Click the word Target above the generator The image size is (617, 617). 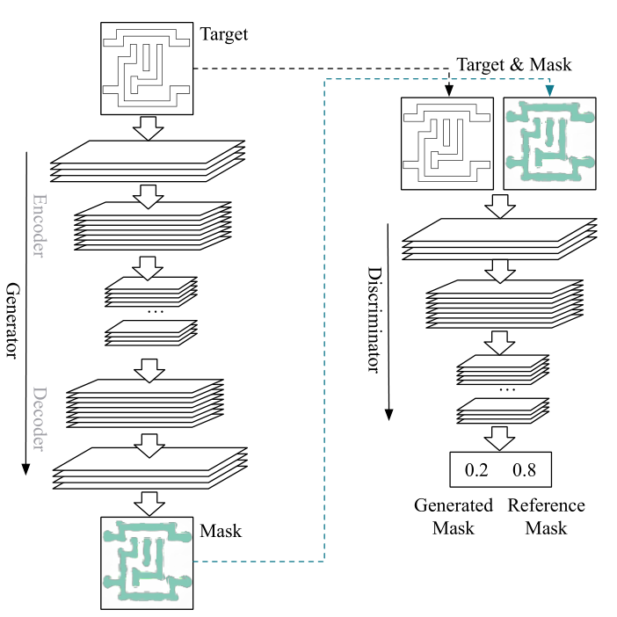click(x=224, y=34)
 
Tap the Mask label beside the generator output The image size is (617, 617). click(x=221, y=531)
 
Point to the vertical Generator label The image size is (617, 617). click(x=13, y=320)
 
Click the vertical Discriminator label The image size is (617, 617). click(x=374, y=320)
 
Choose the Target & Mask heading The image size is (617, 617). click(x=514, y=64)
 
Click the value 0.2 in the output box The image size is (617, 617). click(x=476, y=470)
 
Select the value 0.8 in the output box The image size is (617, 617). click(x=524, y=470)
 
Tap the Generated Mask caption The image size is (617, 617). click(x=454, y=517)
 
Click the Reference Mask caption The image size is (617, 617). click(x=546, y=517)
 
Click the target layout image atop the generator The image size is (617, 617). click(x=147, y=69)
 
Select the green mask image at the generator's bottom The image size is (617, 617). click(x=147, y=563)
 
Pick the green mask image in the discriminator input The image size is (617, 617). click(x=549, y=143)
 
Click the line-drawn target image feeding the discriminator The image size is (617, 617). click(x=447, y=143)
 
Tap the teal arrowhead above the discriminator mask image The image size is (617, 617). click(x=549, y=91)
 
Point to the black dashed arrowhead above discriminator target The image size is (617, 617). click(x=448, y=91)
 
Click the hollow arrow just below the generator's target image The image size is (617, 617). click(x=148, y=128)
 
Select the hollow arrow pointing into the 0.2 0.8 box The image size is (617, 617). click(x=499, y=439)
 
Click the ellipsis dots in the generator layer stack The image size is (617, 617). click(x=155, y=312)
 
